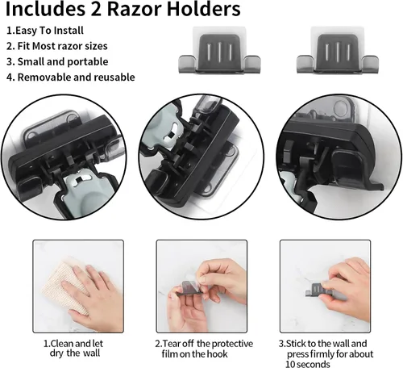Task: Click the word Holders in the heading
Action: tap(203, 9)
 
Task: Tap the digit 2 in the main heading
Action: tap(95, 9)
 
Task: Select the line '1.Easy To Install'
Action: tap(45, 31)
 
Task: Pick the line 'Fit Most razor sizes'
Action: tap(62, 46)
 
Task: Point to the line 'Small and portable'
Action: tap(63, 61)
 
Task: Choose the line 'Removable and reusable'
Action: tap(76, 77)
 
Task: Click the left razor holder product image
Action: tap(219, 50)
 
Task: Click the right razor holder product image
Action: tap(338, 50)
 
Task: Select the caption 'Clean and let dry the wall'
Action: tap(73, 349)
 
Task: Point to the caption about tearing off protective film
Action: tap(204, 349)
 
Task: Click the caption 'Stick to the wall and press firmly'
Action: tap(326, 349)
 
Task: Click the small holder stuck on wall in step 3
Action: tap(317, 291)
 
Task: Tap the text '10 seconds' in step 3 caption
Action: tap(308, 364)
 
